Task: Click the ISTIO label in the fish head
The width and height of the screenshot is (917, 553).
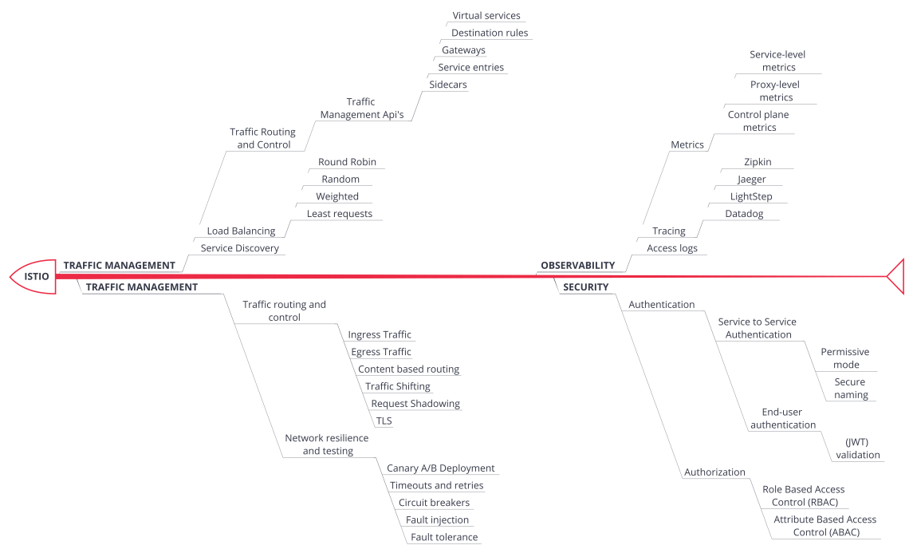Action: click(x=36, y=277)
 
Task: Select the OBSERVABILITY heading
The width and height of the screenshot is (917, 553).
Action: click(x=578, y=266)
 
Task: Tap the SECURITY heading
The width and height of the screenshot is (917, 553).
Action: click(x=586, y=287)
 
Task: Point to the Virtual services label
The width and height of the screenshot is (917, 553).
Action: click(x=486, y=16)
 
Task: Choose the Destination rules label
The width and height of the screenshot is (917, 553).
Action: click(x=490, y=33)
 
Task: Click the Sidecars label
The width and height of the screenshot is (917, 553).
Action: click(x=448, y=85)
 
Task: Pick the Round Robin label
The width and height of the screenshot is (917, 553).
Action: click(x=347, y=162)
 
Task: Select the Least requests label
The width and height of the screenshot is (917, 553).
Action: click(x=339, y=214)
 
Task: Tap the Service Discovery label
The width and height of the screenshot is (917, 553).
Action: click(x=240, y=248)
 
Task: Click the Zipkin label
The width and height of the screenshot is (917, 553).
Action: click(x=758, y=162)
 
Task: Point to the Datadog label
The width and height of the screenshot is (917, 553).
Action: click(x=744, y=214)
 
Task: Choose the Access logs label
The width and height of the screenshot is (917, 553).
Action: click(x=672, y=248)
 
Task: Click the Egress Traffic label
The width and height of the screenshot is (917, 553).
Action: click(x=380, y=352)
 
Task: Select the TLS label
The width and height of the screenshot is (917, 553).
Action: click(x=384, y=421)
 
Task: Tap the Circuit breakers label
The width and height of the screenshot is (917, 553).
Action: click(x=434, y=503)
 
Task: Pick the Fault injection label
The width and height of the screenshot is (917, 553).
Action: click(x=437, y=519)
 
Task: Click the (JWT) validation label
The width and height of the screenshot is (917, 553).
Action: click(x=857, y=448)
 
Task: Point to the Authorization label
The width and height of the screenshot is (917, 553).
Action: click(x=714, y=472)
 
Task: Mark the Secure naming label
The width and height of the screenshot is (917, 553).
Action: click(x=850, y=388)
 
